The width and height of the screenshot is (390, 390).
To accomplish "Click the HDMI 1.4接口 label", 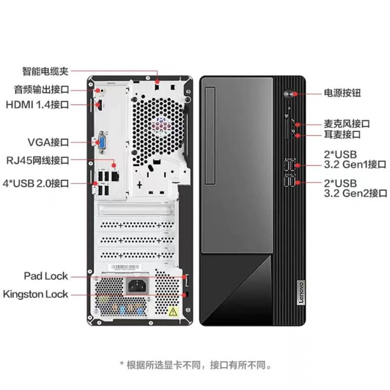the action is [38, 105].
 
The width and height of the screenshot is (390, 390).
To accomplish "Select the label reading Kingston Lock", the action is [35, 294].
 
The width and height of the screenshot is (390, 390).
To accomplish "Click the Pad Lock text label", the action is [46, 276].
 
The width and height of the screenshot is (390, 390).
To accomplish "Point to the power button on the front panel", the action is [289, 95].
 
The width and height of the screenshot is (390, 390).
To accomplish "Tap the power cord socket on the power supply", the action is [137, 286].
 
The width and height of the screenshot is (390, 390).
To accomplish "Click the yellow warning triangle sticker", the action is [173, 312].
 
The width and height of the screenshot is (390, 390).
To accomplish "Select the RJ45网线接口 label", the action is [38, 160].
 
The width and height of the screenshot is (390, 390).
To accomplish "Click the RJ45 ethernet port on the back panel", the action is [115, 176].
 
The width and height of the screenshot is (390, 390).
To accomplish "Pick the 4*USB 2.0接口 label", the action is [36, 183].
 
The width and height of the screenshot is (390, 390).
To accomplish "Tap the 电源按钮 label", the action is [342, 93].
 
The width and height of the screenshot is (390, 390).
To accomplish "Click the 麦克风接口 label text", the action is [347, 124].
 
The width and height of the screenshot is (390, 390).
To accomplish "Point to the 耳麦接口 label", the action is [342, 135].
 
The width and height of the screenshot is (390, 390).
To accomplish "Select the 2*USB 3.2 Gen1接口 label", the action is [355, 159].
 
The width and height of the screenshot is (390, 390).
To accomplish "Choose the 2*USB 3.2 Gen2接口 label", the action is [356, 188].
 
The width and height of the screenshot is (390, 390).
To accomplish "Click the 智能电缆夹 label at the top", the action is [45, 71].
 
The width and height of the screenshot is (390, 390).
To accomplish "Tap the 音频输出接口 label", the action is [41, 89].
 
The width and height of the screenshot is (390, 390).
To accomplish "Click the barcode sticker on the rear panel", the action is [125, 267].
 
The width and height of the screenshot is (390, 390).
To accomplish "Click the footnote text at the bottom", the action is [196, 365].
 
